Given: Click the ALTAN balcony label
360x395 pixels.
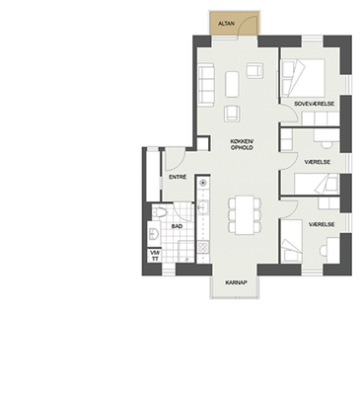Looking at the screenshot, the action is point(227,24).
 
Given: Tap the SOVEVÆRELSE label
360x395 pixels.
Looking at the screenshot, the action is point(314,104).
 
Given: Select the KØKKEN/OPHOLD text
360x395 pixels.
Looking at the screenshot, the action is point(242,145).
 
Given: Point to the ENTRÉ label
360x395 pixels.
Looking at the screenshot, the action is point(178,177).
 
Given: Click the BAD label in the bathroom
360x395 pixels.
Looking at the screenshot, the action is point(177,226).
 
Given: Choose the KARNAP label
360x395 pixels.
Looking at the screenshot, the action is point(236,282).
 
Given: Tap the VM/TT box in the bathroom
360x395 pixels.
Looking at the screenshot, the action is point(155,256).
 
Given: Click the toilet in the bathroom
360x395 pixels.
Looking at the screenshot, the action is point(159,212).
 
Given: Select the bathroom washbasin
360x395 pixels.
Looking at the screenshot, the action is point(154,234).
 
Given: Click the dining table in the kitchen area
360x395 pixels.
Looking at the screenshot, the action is point(245,215).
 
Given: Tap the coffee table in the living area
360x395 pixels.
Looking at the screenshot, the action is point(232,84).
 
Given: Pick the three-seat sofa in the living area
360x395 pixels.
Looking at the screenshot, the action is point(206,86).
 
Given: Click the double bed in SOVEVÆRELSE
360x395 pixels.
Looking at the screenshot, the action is point(303,78).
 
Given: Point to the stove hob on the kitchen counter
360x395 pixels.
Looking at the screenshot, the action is point(203,247).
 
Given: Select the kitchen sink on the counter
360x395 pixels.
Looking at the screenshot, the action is point(203,206).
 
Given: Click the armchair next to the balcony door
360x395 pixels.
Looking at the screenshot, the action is point(254,70).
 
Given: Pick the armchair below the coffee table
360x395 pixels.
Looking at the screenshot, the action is point(232,114).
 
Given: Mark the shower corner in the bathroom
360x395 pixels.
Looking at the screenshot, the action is point(185,252).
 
